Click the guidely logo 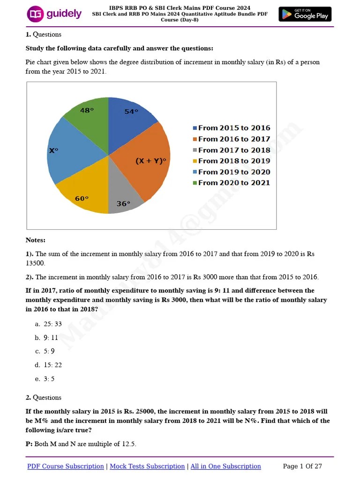tap(54, 14)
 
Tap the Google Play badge tap(305, 14)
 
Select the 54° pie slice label tap(131, 112)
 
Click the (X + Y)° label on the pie tap(151, 161)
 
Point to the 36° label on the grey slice tap(123, 204)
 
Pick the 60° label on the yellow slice tap(82, 198)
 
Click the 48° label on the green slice tap(87, 111)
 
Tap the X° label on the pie tap(54, 150)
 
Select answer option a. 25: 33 tap(48, 324)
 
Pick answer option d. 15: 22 tap(48, 365)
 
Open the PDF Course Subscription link tap(66, 466)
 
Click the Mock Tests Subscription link tap(147, 466)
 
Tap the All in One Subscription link tap(225, 466)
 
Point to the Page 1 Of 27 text tap(302, 466)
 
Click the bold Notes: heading tap(36, 240)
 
